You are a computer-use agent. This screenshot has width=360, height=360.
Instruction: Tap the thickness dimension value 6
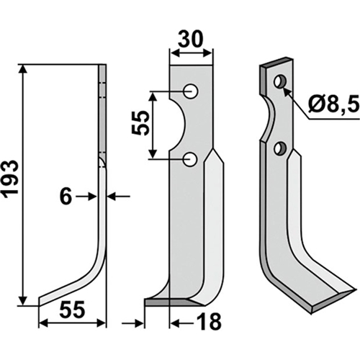[x=66, y=197]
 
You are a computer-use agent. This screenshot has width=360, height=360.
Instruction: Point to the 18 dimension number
[x=209, y=323]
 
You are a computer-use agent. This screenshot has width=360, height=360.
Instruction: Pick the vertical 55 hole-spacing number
[x=140, y=123]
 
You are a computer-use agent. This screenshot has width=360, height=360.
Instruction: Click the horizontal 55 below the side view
[x=72, y=310]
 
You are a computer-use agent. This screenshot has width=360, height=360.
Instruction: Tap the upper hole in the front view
[x=191, y=91]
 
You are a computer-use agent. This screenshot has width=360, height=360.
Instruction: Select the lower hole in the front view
[x=190, y=159]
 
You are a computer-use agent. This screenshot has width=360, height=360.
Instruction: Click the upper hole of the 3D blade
[x=280, y=81]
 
